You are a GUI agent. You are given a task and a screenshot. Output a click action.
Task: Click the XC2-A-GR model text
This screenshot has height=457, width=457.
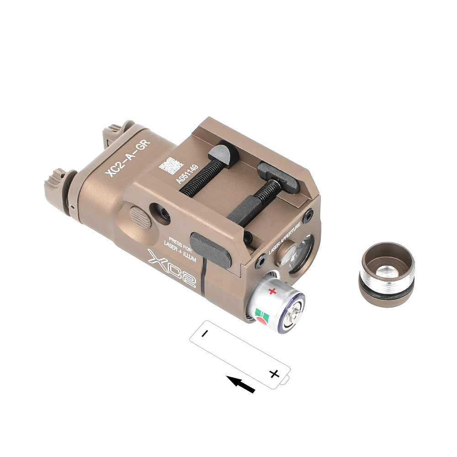[x=128, y=158]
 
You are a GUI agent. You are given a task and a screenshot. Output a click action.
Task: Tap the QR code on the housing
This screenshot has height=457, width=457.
[x=171, y=165]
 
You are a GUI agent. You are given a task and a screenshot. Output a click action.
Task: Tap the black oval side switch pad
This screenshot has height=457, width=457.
[x=210, y=249]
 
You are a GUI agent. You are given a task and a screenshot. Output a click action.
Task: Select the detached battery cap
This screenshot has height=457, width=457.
[x=387, y=275]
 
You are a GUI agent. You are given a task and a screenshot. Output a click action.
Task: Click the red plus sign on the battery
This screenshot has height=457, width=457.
[x=272, y=291]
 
